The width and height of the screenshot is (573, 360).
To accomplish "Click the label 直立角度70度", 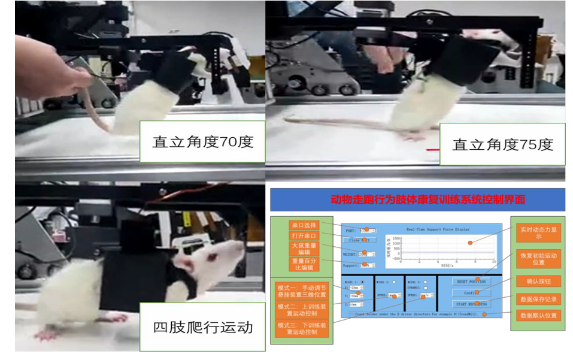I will pyautogui.click(x=202, y=141).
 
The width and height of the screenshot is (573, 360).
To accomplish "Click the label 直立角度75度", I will pyautogui.click(x=502, y=144).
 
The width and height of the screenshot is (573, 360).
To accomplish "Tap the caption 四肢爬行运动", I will pyautogui.click(x=202, y=327).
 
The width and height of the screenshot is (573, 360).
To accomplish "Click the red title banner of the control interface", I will pyautogui.click(x=417, y=199).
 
